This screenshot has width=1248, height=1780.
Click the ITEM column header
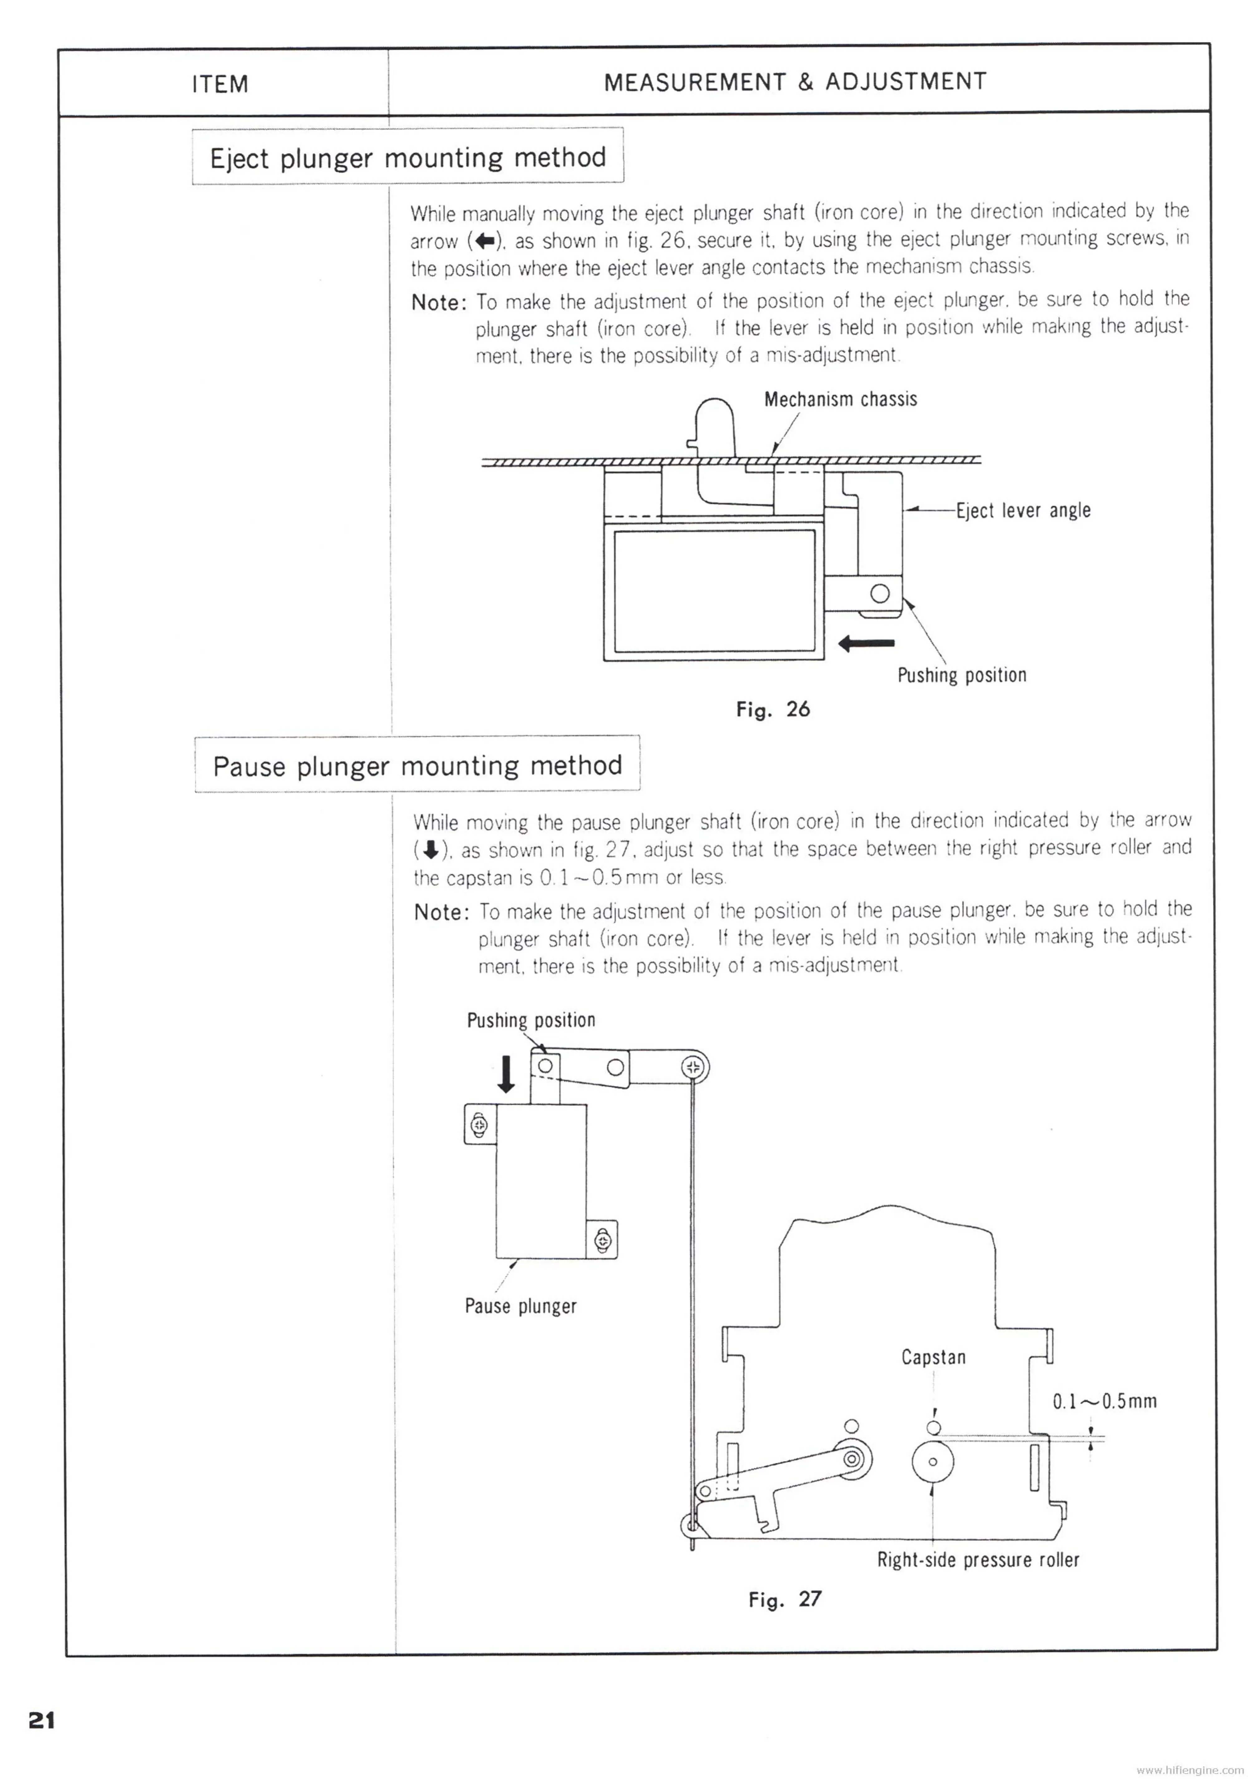click(x=220, y=84)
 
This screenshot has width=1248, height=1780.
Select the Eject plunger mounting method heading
click(x=408, y=157)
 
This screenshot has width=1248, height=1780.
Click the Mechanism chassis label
click(x=840, y=399)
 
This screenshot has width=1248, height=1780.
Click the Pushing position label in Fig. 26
click(x=961, y=674)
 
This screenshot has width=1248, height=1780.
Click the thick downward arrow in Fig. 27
click(x=505, y=1074)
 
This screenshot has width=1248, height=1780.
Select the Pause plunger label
click(x=520, y=1306)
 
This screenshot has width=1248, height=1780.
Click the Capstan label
click(x=933, y=1357)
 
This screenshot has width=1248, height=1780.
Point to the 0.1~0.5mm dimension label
click(x=1104, y=1401)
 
